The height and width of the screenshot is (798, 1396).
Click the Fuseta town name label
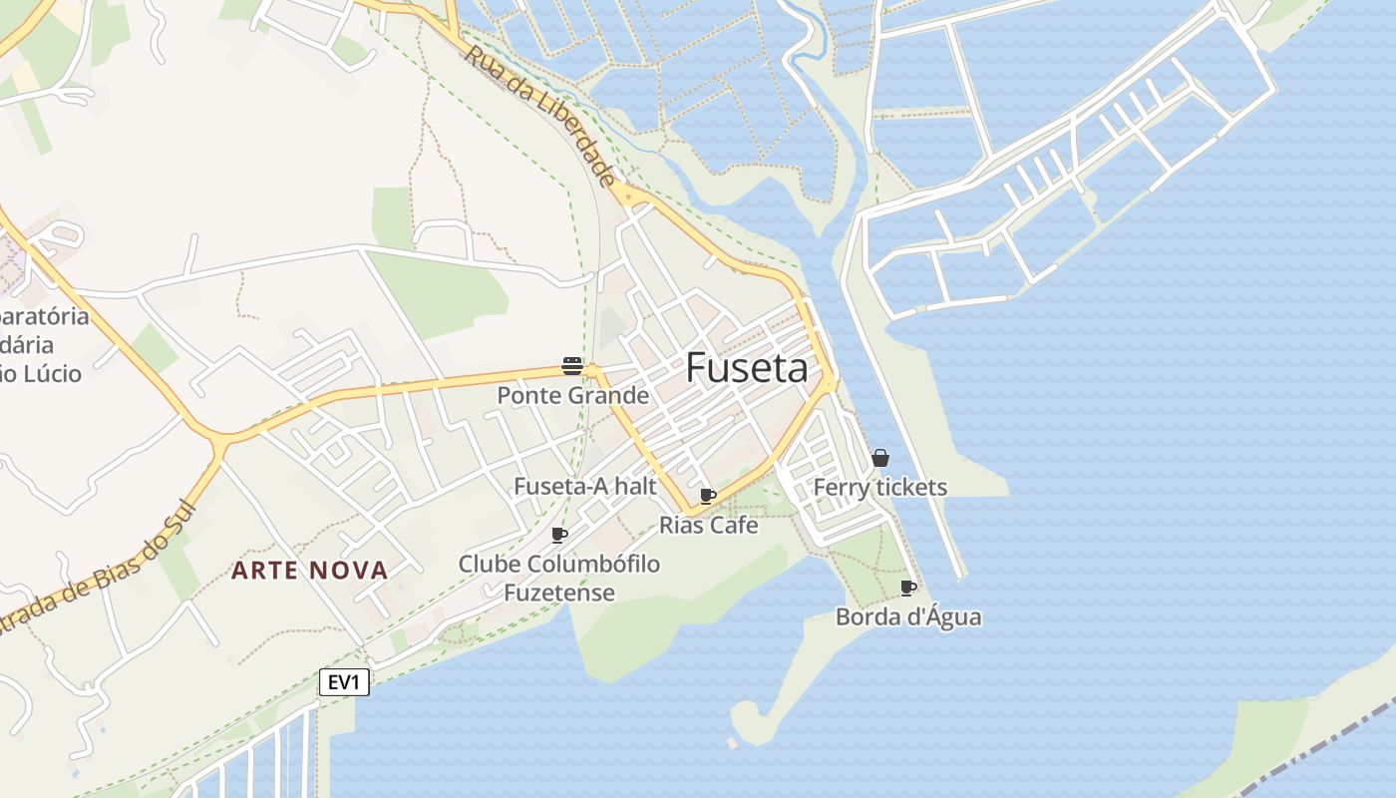tap(747, 369)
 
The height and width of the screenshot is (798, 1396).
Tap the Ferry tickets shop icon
tap(880, 458)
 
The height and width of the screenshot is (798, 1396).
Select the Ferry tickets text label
tap(879, 487)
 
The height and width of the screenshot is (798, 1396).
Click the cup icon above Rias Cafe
tap(708, 496)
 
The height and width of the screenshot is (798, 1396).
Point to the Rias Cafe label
tap(709, 525)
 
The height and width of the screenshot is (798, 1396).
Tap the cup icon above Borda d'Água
tap(907, 588)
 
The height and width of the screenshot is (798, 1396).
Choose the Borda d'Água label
tap(907, 616)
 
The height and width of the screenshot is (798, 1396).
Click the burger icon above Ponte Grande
tap(571, 366)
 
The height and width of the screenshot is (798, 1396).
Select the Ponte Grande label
tap(572, 396)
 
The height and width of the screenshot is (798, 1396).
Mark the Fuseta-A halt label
tap(584, 486)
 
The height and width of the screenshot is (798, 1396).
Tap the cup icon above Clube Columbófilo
tap(559, 536)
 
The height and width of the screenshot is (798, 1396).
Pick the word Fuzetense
tap(558, 593)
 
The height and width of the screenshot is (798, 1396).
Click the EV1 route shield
tap(344, 682)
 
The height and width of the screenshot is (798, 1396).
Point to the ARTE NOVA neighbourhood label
tap(309, 571)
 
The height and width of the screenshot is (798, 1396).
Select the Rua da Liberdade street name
tap(539, 114)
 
